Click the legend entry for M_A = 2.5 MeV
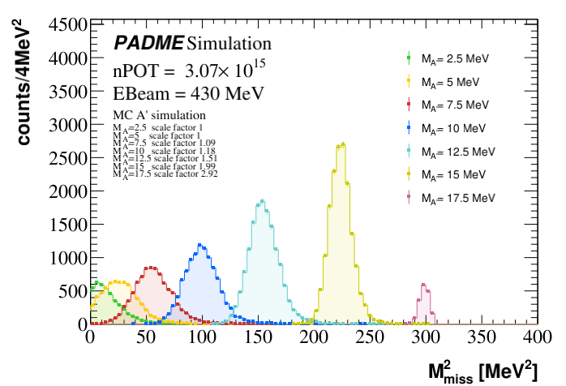[454, 58]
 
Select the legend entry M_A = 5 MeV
[450, 82]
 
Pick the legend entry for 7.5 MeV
[454, 105]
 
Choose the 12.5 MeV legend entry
[457, 152]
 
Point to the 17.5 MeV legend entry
[457, 198]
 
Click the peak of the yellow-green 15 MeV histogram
[343, 144]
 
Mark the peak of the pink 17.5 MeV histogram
[423, 285]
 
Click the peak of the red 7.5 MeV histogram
[152, 268]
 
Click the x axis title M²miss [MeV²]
[482, 371]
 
